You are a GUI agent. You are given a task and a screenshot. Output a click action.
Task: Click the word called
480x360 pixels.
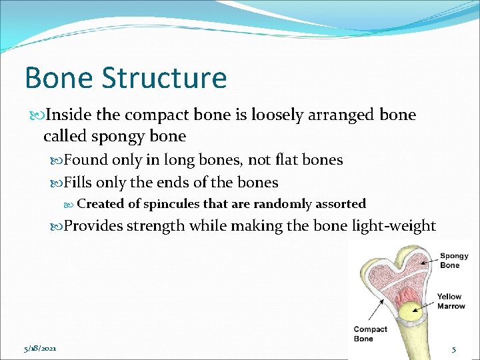coord(65,137)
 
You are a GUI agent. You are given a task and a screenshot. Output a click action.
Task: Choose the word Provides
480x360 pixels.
coord(93,226)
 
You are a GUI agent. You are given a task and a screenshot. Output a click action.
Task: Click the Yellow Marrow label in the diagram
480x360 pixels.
coord(451,301)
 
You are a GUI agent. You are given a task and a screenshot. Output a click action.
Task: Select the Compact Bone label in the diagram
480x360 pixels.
coord(370,333)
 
